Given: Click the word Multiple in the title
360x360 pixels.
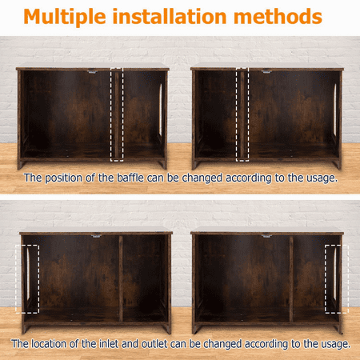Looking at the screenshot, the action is tap(65, 18).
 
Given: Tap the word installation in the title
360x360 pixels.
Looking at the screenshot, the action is tap(170, 16).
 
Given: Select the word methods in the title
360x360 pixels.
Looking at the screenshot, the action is tap(278, 16).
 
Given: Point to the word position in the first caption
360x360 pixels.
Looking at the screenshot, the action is tap(63, 178).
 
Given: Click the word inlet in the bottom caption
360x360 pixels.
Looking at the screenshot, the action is tap(109, 344).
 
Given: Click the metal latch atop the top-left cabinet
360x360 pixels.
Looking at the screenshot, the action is tap(92, 71).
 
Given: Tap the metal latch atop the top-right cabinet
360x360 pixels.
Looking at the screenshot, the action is tap(266, 71).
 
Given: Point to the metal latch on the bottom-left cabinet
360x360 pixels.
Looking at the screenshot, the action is tap(96, 236).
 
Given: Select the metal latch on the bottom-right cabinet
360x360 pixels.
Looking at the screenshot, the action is tap(266, 236).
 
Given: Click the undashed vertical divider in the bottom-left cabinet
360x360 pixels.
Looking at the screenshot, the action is tap(121, 278).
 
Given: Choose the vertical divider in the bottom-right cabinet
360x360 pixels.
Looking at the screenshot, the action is tap(291, 278).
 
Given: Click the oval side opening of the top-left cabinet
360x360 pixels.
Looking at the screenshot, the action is tap(161, 110).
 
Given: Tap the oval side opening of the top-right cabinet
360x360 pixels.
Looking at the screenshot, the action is tap(335, 110).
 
